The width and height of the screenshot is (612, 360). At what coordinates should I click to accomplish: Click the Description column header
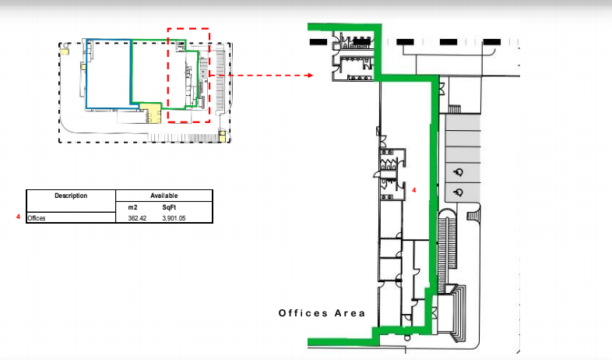tap(71, 196)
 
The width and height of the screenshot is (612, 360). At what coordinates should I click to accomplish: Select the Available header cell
tap(164, 196)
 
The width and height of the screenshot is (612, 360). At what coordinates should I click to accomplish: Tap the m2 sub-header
tap(132, 207)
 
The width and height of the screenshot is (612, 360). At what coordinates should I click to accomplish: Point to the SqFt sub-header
tap(169, 207)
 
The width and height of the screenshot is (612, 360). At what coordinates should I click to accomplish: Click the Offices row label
tap(37, 218)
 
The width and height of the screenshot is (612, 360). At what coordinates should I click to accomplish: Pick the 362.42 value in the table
tap(137, 218)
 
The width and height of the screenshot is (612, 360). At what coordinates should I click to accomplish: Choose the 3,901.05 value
tap(174, 218)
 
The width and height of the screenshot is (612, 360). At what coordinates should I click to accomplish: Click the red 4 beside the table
tap(18, 217)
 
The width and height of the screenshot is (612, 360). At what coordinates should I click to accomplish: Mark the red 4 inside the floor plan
tap(414, 190)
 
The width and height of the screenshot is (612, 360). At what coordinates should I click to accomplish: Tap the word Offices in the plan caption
tap(303, 313)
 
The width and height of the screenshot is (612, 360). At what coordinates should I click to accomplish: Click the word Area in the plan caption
tap(350, 313)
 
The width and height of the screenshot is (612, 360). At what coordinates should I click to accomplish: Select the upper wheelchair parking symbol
tap(458, 171)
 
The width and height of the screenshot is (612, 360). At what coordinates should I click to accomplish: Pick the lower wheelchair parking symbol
tap(458, 192)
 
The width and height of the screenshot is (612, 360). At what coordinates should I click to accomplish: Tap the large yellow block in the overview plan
tap(150, 113)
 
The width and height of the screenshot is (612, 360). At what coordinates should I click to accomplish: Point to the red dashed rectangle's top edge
tap(188, 29)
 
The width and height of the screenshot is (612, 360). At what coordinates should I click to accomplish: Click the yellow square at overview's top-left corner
tap(65, 51)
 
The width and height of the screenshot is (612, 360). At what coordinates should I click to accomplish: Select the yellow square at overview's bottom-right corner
tap(222, 136)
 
